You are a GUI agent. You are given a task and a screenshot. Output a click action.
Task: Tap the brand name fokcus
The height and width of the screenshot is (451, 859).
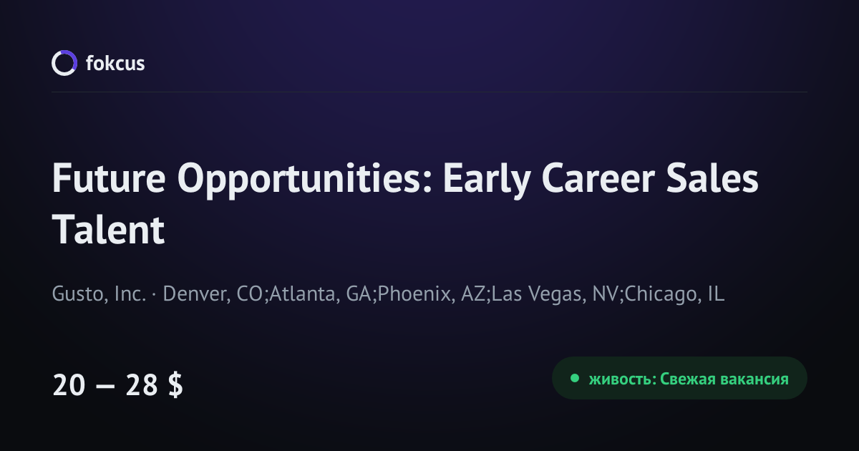pos(115,63)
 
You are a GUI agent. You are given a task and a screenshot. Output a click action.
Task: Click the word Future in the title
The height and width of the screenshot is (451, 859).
pos(109,178)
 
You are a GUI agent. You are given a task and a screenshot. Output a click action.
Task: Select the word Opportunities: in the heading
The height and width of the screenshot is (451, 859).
pos(305,180)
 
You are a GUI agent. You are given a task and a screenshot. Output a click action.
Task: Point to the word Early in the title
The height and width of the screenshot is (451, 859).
pos(487,180)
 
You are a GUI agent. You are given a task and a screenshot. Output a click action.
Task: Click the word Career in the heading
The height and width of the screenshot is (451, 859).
pos(598,178)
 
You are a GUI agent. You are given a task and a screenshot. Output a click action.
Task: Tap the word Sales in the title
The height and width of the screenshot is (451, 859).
pos(712,178)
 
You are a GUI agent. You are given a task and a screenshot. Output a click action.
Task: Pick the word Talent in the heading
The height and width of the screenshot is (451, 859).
pos(108,229)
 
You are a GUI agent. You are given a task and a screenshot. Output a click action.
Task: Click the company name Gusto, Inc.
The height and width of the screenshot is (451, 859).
pos(99,294)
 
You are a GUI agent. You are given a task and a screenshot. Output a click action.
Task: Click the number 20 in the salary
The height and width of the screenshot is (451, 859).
pos(69,384)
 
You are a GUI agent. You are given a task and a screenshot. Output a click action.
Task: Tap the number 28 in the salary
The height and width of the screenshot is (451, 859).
pos(142,384)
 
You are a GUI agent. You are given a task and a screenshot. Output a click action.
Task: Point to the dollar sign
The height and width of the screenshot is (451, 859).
pos(175,384)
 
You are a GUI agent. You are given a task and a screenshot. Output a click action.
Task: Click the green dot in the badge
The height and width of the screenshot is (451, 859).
pos(574,379)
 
